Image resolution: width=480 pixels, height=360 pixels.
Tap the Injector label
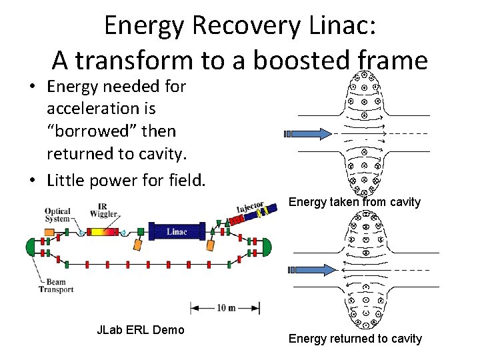250,209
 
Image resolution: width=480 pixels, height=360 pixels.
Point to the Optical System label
58,214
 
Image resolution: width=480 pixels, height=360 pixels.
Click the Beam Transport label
57,285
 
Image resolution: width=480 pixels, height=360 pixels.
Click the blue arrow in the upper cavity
311,133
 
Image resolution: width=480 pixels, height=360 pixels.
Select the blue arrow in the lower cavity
311,269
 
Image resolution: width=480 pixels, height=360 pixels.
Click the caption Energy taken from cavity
355,201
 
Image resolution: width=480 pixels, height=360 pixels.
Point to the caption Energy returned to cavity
355,339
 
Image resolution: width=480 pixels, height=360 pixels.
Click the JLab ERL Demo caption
140,329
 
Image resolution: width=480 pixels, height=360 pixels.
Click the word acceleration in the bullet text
91,108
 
